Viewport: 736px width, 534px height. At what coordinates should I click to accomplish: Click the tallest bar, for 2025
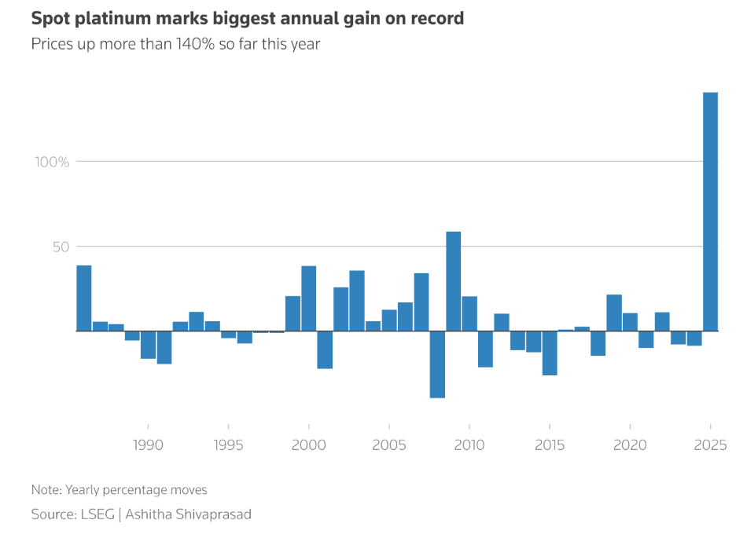point(710,212)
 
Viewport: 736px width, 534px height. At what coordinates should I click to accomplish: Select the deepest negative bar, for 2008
point(437,364)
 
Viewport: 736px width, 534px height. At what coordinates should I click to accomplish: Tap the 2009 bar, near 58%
point(454,281)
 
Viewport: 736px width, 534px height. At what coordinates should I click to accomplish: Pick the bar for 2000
point(309,298)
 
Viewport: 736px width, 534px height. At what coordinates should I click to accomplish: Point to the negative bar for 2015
point(550,353)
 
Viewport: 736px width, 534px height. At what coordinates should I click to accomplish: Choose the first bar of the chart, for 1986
point(84,298)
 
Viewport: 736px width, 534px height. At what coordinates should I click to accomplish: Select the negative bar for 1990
point(149,345)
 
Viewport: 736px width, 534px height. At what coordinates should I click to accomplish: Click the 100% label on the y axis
point(52,162)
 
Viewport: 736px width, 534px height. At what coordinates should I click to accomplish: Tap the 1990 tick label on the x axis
point(149,445)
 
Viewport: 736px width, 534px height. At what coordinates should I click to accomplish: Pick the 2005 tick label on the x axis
point(389,445)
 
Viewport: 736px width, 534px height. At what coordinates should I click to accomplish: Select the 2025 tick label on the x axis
point(710,445)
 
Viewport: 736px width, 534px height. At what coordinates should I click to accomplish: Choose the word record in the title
point(436,18)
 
